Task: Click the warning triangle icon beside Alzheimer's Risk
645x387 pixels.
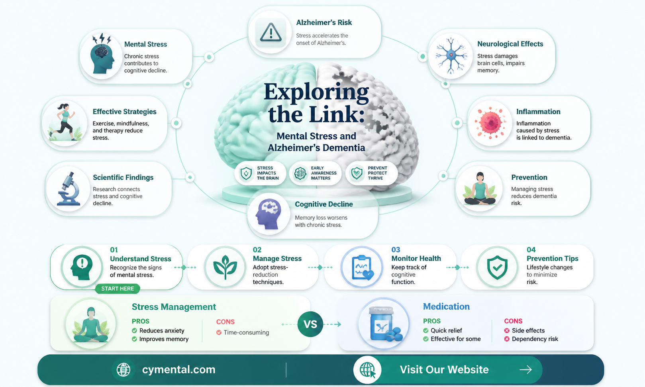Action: tap(271, 32)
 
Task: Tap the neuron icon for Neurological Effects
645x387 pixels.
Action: tap(451, 55)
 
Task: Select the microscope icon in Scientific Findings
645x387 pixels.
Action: tap(69, 189)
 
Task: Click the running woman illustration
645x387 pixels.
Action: tap(64, 122)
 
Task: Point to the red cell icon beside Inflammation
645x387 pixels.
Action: tap(490, 123)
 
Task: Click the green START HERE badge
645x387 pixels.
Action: tap(118, 289)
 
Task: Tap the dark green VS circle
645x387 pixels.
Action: tap(310, 324)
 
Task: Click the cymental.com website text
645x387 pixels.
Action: tap(178, 369)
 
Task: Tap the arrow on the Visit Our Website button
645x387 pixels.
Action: tap(525, 369)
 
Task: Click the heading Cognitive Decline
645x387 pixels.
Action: tap(323, 204)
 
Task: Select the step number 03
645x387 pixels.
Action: tap(396, 249)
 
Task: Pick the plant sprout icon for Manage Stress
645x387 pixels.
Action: tap(225, 267)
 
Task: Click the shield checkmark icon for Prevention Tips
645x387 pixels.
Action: tap(497, 267)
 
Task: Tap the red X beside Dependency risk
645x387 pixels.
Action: tap(507, 339)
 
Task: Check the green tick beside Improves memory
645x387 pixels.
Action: tap(134, 339)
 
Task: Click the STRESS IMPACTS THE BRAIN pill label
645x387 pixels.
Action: tap(260, 173)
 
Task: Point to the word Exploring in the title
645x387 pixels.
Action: tap(316, 92)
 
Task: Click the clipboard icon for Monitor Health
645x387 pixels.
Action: tap(362, 267)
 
